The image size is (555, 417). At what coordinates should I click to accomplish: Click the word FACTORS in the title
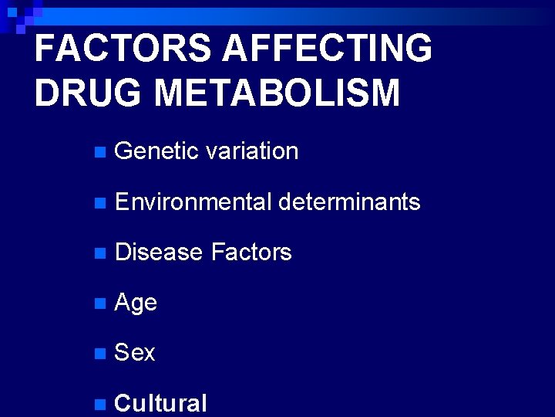click(123, 49)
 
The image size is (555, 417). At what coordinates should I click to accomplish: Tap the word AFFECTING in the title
click(327, 49)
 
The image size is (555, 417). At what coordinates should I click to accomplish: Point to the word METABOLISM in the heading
click(277, 93)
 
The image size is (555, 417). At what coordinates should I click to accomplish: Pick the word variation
click(252, 151)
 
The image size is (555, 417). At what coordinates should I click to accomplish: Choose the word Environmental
click(192, 202)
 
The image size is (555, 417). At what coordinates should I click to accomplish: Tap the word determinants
click(349, 202)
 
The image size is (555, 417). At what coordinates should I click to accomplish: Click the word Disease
click(158, 253)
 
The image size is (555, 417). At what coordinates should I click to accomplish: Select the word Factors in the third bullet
click(251, 253)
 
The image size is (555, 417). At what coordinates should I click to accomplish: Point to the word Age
click(136, 303)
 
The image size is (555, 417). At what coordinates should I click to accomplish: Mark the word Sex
click(135, 353)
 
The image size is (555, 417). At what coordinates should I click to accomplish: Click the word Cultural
click(160, 403)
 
